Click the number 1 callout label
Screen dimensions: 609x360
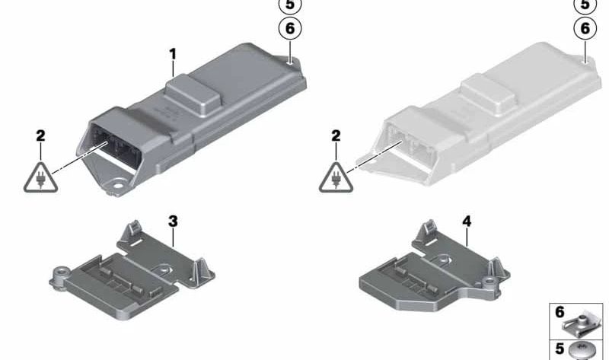pyautogui.click(x=173, y=54)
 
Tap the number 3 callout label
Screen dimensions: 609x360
pyautogui.click(x=173, y=221)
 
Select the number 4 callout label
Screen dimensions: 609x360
pyautogui.click(x=467, y=221)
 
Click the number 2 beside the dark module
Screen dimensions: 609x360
pyautogui.click(x=40, y=135)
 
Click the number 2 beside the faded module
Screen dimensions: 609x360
pyautogui.click(x=336, y=135)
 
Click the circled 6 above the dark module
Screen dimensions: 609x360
pyautogui.click(x=290, y=28)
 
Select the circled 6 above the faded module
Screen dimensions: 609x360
pyautogui.click(x=585, y=28)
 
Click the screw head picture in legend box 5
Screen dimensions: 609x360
pyautogui.click(x=582, y=351)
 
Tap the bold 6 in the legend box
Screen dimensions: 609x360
pyautogui.click(x=560, y=312)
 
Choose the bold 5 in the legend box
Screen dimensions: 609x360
pyautogui.click(x=560, y=349)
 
